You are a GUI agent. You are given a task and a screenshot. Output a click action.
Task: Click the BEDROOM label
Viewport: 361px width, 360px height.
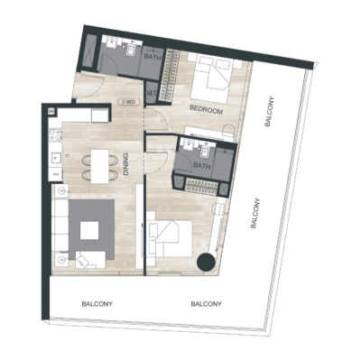click(206, 109)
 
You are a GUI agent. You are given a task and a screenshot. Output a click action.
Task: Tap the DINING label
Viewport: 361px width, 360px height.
click(125, 164)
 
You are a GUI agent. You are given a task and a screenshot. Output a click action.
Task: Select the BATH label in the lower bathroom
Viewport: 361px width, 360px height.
click(201, 165)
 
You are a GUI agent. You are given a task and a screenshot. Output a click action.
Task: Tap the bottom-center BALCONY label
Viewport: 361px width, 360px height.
click(208, 304)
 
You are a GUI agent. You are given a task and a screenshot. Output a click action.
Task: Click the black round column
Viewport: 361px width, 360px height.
click(207, 262)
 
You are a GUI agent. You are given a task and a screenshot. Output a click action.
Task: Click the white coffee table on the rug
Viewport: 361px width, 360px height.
click(89, 230)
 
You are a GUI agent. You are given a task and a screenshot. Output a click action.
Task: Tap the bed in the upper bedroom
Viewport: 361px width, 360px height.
click(216, 78)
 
